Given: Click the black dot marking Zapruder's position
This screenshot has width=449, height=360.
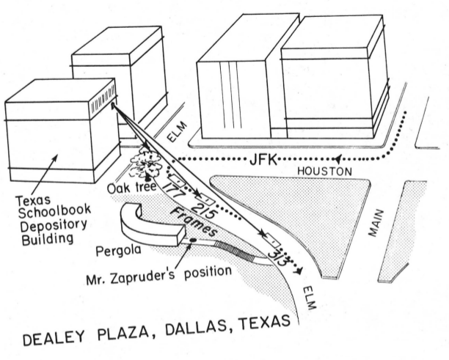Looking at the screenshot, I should (192, 240).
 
